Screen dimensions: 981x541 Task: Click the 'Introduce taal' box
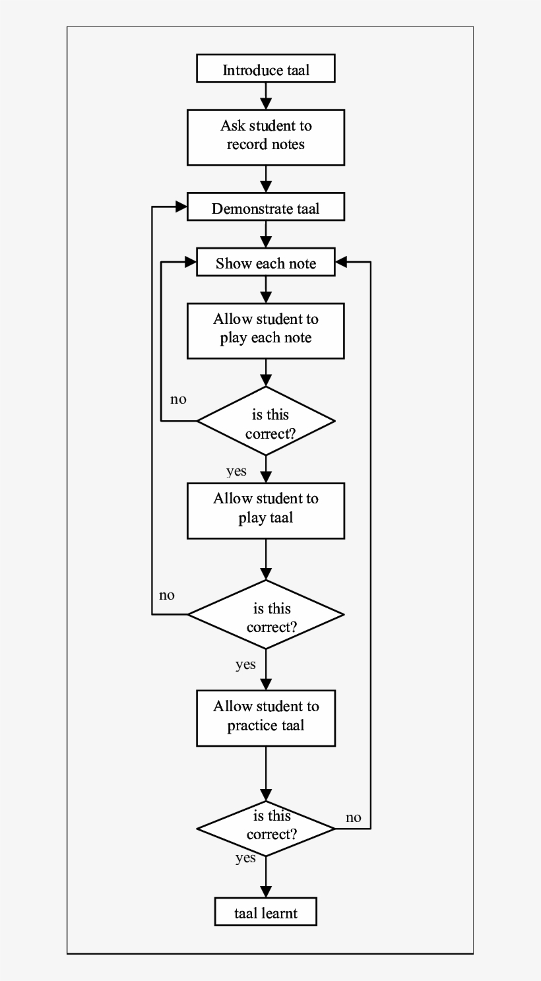(x=266, y=70)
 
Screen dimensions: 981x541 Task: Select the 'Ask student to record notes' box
(x=266, y=137)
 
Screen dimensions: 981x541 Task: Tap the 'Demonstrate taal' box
(x=266, y=208)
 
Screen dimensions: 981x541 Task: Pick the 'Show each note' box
(x=266, y=263)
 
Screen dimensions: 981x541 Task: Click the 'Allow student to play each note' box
(x=266, y=331)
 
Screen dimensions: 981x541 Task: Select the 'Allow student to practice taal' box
(x=266, y=718)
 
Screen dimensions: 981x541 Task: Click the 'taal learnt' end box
(x=266, y=913)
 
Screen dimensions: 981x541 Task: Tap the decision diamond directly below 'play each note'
(x=266, y=421)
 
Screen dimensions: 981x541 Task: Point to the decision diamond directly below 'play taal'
(x=266, y=615)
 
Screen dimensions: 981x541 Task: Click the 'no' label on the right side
(x=354, y=817)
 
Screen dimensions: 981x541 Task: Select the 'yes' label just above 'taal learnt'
(x=245, y=858)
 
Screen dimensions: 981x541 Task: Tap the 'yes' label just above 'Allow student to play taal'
(x=236, y=471)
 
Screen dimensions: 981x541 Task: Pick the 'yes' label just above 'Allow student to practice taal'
(x=245, y=664)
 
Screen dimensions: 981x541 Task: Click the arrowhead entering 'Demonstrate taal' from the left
(x=181, y=207)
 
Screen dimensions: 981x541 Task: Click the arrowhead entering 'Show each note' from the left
(x=191, y=263)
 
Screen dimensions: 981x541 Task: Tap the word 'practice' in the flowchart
(x=250, y=726)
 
